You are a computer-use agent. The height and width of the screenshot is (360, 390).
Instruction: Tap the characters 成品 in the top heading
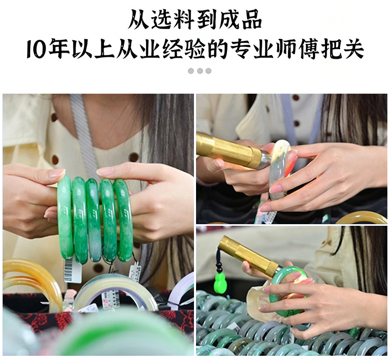coord(240,19)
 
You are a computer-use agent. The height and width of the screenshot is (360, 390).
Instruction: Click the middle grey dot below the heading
coord(200,71)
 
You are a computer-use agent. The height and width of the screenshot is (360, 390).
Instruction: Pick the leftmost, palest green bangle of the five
coord(65,216)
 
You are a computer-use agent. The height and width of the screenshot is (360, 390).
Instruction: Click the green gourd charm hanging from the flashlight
coord(219,280)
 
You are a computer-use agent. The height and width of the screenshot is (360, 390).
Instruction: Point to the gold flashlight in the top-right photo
coord(230,150)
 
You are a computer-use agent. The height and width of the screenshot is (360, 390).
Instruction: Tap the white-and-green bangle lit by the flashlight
coord(281,169)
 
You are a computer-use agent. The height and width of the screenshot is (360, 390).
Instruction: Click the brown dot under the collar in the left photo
coord(134,157)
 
